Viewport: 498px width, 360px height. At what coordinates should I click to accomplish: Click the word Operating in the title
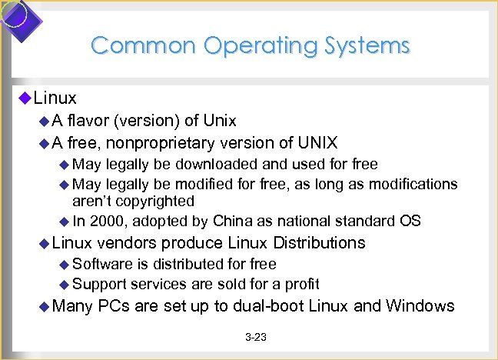[x=249, y=45]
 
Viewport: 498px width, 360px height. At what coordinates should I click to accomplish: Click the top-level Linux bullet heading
[x=55, y=98]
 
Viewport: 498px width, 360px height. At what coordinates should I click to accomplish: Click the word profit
[x=303, y=284]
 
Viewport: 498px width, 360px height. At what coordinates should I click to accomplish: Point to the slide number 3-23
[x=255, y=338]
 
